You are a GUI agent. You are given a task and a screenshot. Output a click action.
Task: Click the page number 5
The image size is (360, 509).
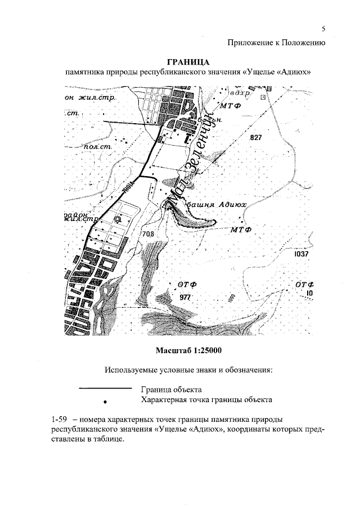[x=324, y=29]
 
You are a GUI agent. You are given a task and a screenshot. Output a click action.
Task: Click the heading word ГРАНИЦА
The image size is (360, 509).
[x=189, y=61]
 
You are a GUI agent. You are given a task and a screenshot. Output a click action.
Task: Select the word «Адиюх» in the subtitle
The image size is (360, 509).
[x=291, y=73]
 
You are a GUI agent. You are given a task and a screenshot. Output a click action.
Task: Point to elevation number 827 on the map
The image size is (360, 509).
[x=256, y=138]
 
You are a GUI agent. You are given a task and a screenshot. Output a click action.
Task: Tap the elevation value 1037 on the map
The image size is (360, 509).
[x=301, y=255]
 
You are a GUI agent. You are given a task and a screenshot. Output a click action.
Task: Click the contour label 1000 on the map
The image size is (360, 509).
[x=229, y=298]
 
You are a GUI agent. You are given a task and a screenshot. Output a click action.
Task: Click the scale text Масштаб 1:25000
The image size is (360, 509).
[x=189, y=350]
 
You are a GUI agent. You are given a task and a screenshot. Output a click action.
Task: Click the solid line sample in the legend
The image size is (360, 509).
[x=103, y=388]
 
